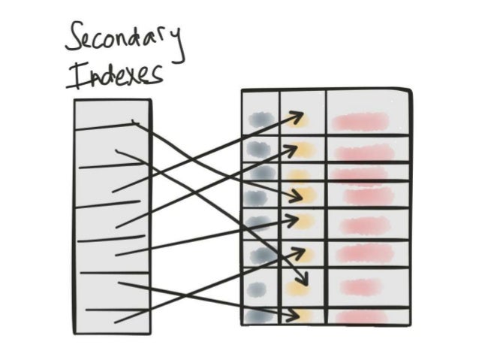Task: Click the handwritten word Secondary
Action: click(x=125, y=39)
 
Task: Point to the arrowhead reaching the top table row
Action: click(x=301, y=117)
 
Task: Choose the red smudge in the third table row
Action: click(x=360, y=175)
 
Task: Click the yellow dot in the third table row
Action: click(x=299, y=176)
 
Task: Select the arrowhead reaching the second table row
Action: click(x=297, y=146)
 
